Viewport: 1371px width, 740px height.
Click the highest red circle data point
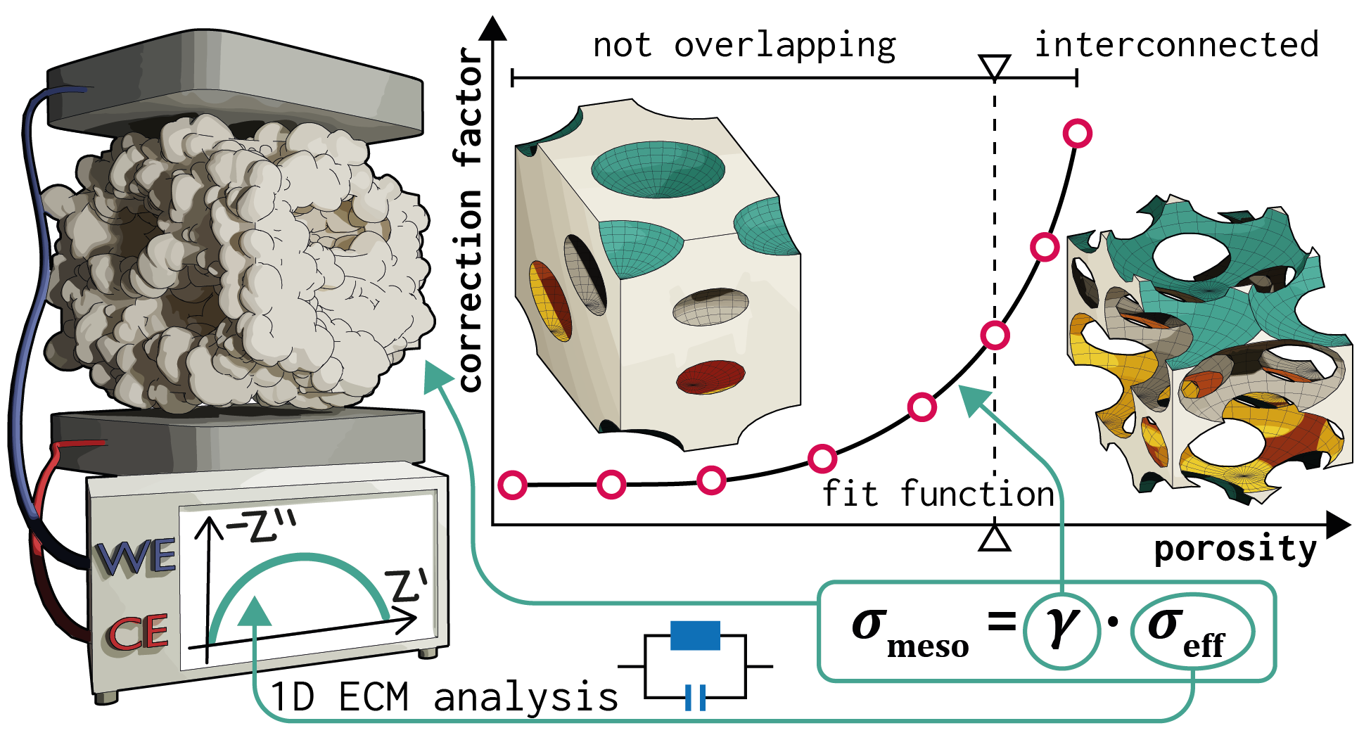pyautogui.click(x=1077, y=133)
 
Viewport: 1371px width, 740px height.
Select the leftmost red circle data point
pyautogui.click(x=513, y=485)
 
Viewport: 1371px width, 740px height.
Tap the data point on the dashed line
pyautogui.click(x=995, y=335)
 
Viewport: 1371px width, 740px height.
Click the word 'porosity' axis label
pyautogui.click(x=1235, y=549)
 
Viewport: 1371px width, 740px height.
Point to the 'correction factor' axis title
pyautogui.click(x=469, y=218)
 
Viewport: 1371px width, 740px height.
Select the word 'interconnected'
pyautogui.click(x=1176, y=44)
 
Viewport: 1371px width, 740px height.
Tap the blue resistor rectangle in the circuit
pyautogui.click(x=695, y=635)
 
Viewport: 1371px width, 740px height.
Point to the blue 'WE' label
pyautogui.click(x=136, y=559)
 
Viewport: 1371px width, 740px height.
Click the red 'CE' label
pyautogui.click(x=138, y=632)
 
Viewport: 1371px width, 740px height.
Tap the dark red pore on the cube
pyautogui.click(x=710, y=376)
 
